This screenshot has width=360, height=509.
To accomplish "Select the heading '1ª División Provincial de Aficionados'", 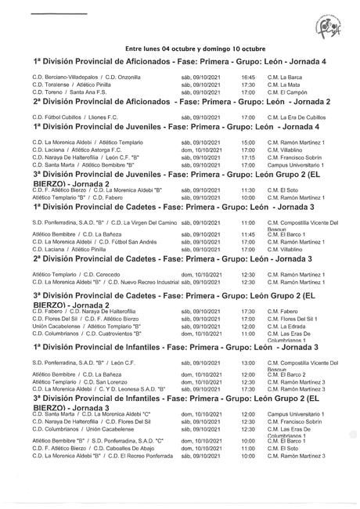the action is pos(179,61).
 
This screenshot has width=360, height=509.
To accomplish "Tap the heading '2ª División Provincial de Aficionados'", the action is pos(179,102).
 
